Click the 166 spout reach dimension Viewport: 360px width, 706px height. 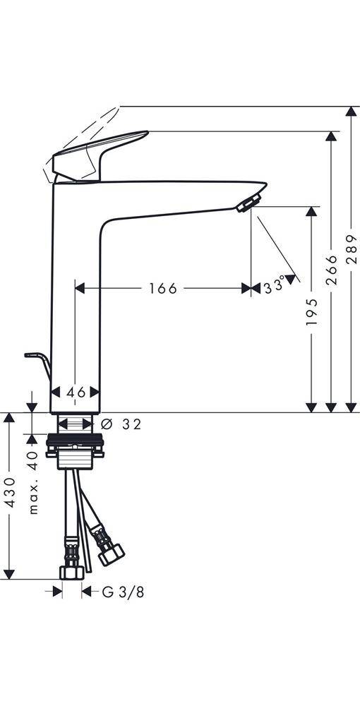coord(163,288)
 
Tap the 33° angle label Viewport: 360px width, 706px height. coord(275,287)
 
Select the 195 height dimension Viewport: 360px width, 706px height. coord(311,311)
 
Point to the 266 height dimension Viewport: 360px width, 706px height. coord(331,270)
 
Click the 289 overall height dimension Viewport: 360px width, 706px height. coord(352,249)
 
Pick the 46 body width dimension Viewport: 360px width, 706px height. coord(76,393)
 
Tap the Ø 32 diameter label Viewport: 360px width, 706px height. coord(121,424)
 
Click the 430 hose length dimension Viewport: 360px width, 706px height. coord(10,493)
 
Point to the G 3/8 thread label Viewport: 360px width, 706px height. coord(124,592)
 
